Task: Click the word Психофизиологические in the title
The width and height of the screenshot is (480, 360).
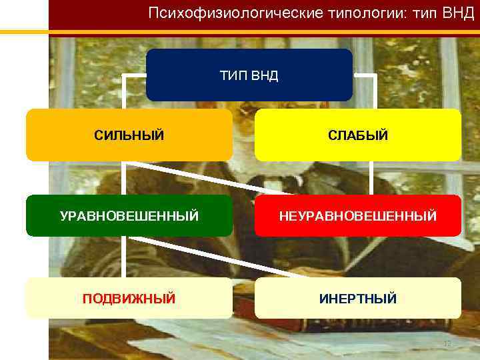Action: tap(220, 13)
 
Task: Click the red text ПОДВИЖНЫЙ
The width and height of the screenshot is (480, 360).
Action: tap(129, 299)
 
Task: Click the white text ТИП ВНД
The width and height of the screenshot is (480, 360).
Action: tap(249, 75)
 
